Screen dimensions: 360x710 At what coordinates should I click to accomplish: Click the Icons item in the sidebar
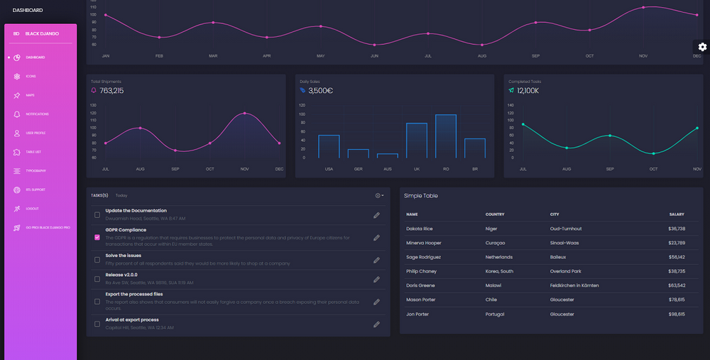pos(31,76)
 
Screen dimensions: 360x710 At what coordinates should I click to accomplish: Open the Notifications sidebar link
pos(37,114)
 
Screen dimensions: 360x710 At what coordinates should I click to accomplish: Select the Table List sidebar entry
pos(33,152)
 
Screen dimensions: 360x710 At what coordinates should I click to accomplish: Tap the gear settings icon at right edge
pos(702,47)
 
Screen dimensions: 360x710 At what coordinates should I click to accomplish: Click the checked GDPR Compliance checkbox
pos(97,237)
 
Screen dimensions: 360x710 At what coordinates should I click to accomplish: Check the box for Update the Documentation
pos(97,214)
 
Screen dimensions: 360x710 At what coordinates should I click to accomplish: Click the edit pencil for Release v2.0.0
pos(376,279)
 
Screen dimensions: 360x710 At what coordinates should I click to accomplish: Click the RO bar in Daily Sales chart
pos(446,136)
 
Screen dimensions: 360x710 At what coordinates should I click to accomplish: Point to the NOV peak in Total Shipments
pos(245,113)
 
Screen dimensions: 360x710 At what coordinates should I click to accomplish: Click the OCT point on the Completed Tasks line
pos(653,153)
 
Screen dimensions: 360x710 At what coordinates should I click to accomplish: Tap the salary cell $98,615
pos(677,314)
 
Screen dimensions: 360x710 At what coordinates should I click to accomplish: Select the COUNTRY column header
pos(495,214)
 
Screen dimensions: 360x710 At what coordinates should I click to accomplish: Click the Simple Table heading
pos(421,195)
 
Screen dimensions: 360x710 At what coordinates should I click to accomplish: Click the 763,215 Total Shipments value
pos(111,91)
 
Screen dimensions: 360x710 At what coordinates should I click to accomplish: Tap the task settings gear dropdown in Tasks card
pos(379,195)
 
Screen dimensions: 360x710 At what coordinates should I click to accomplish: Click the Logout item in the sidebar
pos(32,209)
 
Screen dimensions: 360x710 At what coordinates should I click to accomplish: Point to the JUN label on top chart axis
pos(374,55)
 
